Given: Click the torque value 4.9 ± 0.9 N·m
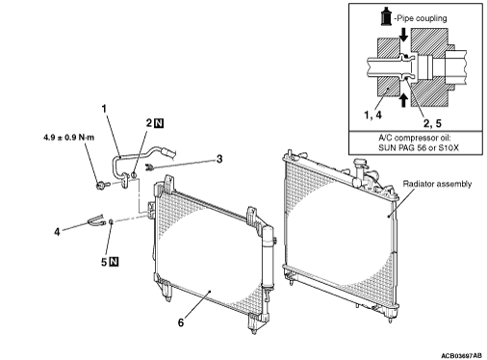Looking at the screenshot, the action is click(x=69, y=138).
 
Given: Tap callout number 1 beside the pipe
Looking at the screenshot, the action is click(x=104, y=109).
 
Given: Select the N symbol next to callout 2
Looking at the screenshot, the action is click(x=159, y=123).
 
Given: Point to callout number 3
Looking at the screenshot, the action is click(x=219, y=159).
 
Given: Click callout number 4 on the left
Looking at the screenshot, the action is click(x=57, y=232).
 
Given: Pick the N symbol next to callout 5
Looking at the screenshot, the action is click(x=114, y=262).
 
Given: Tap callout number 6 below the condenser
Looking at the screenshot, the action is click(x=181, y=322).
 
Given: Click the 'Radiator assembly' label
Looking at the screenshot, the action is click(x=437, y=184).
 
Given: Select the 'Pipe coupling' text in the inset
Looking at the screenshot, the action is click(x=422, y=18).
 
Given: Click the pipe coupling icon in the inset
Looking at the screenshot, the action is click(x=386, y=16).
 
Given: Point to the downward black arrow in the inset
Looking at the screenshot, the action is click(x=403, y=35).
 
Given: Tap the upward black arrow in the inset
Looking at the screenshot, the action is click(x=403, y=100).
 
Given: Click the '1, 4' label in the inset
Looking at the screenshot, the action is click(x=372, y=115).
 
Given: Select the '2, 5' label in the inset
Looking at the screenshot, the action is click(x=432, y=123).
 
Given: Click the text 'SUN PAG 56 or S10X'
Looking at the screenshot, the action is click(x=419, y=148).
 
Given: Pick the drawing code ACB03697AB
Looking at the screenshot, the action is click(x=461, y=356).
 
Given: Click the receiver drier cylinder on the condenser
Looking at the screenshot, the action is click(x=268, y=257).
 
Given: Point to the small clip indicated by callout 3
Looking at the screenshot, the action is click(x=149, y=167).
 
